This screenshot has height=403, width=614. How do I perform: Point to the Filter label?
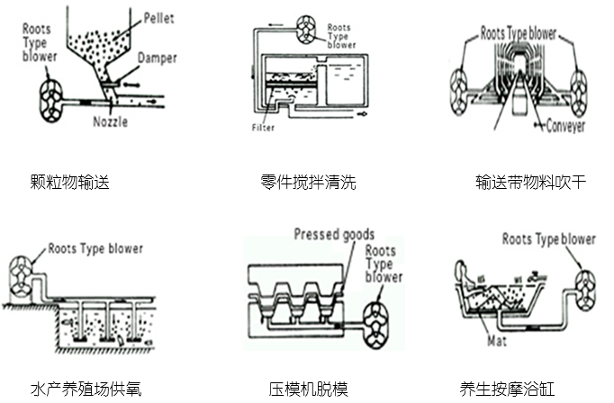pyautogui.click(x=263, y=128)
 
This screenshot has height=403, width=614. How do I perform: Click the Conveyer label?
pyautogui.click(x=565, y=126)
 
